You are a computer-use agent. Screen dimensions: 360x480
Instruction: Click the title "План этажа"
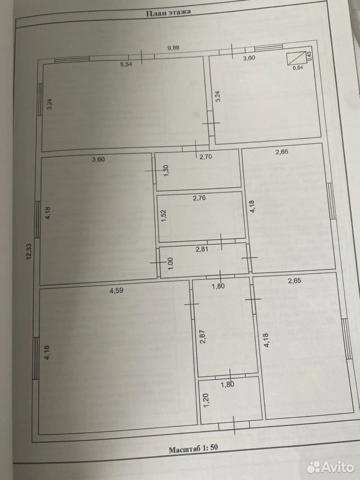168,12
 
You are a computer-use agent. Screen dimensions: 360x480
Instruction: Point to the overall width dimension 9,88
173,48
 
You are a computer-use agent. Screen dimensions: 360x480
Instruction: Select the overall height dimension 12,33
29,250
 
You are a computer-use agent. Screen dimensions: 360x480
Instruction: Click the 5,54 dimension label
126,64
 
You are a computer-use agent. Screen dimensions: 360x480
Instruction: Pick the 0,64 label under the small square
298,68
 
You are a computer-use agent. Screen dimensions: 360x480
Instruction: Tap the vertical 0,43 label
309,56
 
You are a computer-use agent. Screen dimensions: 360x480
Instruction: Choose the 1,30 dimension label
166,170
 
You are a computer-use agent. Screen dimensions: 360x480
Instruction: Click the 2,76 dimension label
199,198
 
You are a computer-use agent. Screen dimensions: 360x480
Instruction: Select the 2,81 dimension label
201,249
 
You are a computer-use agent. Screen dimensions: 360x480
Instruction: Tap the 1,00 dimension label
171,263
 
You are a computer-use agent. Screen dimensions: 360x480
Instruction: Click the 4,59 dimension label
116,290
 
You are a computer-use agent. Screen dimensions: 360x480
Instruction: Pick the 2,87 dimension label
202,336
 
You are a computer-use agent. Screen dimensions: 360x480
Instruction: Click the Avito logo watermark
330,467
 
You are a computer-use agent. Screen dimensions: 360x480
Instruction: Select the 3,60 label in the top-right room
249,58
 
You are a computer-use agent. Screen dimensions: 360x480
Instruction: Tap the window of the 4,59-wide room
36,357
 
